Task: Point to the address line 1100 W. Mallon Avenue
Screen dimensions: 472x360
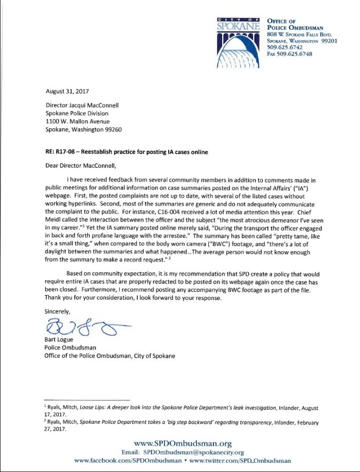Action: [80, 121]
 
